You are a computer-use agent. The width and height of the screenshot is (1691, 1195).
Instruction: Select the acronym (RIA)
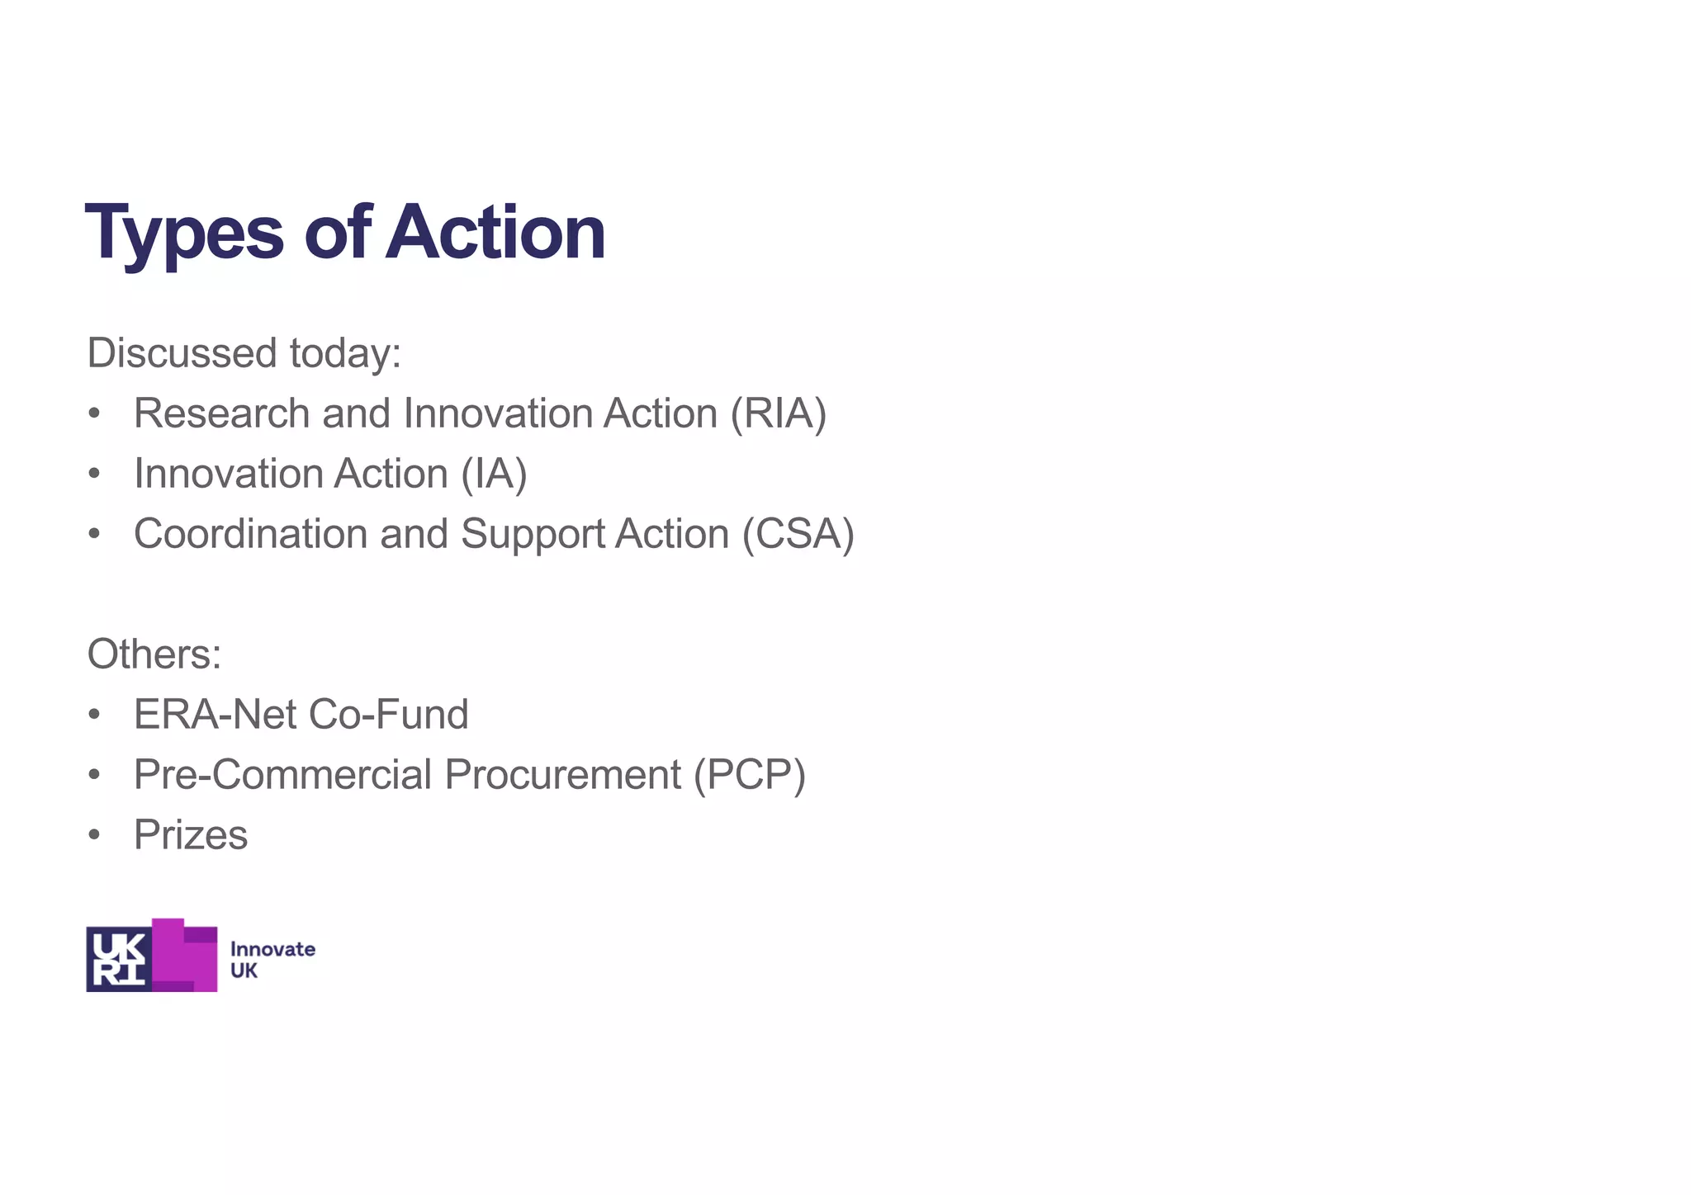[778, 413]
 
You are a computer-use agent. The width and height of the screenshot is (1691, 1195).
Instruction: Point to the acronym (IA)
[494, 474]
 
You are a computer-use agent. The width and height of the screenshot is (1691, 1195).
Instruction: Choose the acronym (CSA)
[798, 534]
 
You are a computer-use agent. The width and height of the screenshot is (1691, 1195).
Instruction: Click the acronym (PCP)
[750, 775]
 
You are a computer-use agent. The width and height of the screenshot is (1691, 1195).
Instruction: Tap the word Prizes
[191, 835]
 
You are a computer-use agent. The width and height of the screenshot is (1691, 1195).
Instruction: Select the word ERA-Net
[208, 715]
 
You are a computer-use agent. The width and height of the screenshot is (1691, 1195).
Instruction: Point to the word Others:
[154, 654]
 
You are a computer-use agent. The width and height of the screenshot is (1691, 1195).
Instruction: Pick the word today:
[345, 353]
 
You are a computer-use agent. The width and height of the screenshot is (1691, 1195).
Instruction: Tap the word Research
[221, 413]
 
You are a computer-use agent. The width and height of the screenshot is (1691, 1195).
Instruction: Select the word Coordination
[250, 534]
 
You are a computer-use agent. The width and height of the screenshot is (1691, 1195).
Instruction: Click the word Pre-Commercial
[282, 775]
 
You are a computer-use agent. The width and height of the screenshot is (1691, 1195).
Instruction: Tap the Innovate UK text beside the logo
[272, 960]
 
